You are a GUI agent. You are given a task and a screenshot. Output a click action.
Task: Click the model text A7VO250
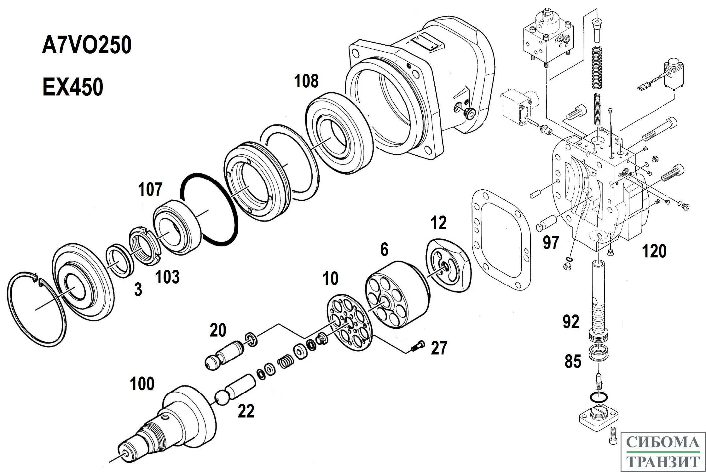87,45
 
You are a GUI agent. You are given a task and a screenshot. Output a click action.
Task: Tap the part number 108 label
306,81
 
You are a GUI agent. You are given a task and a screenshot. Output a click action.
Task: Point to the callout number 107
150,189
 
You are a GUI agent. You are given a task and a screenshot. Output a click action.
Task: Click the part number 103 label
167,277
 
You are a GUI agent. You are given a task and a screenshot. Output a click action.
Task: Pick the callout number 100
142,383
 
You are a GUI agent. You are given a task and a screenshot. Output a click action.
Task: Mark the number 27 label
439,348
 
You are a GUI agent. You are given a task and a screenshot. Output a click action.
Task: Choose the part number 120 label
654,251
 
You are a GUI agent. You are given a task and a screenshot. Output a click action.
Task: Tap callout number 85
573,361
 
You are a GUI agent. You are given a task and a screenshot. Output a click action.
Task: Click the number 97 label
551,242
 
